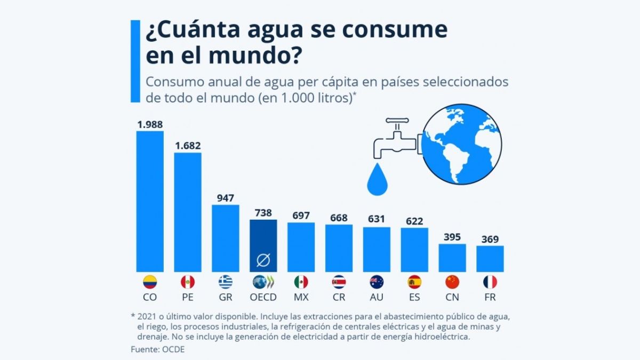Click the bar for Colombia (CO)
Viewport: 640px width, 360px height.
tap(150, 202)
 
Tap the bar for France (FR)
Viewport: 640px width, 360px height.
tap(490, 259)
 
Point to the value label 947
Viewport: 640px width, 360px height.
tap(226, 197)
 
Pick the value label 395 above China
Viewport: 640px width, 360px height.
tap(452, 237)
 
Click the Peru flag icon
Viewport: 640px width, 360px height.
tap(188, 282)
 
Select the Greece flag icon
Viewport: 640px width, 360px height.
tap(226, 282)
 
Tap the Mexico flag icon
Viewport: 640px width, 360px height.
tap(301, 282)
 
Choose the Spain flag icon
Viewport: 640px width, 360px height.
tap(414, 282)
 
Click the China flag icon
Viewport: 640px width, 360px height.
tap(452, 282)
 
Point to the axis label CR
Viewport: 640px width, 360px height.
tap(339, 297)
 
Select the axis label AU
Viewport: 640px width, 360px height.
tap(377, 297)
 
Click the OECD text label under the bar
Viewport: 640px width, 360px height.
tap(263, 297)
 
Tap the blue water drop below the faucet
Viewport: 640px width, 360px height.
tap(379, 180)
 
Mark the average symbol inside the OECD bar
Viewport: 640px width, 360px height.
tap(263, 260)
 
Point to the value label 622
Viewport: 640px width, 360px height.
tap(414, 220)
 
